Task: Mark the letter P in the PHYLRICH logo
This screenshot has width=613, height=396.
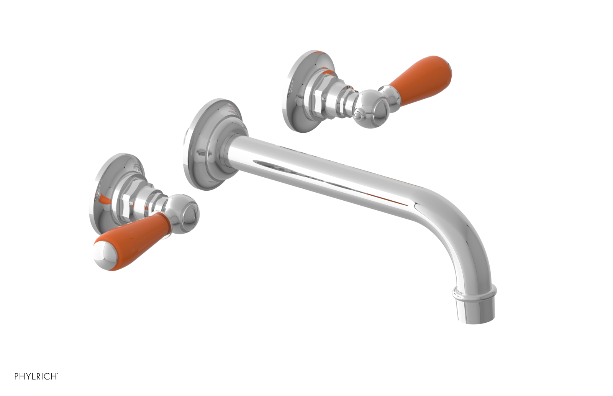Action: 17,376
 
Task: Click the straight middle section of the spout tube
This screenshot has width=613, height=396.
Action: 326,169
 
